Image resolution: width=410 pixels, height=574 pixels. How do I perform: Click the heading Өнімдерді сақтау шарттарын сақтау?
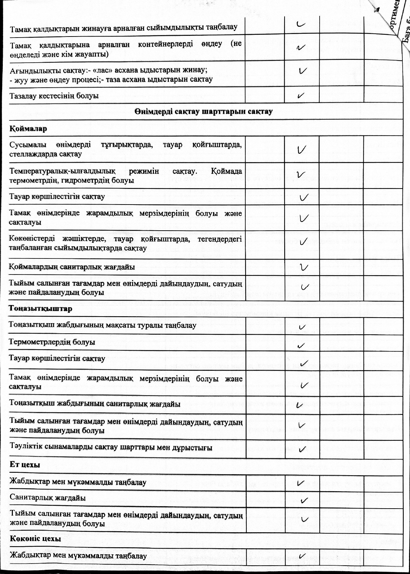click(x=203, y=112)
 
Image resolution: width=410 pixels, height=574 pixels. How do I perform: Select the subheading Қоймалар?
click(x=28, y=129)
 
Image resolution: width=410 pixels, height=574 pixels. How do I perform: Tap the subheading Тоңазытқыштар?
click(x=41, y=309)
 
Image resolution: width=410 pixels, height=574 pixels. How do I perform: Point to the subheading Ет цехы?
click(x=25, y=465)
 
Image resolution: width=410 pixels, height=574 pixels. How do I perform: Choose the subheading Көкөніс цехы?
click(x=36, y=539)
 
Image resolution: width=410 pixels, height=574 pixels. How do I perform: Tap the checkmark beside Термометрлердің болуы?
click(x=301, y=345)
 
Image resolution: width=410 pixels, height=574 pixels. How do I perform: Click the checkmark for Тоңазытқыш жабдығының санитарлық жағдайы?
click(x=300, y=405)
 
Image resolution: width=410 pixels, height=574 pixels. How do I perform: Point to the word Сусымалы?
click(x=26, y=145)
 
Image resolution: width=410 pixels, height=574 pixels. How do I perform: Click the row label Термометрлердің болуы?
click(x=52, y=342)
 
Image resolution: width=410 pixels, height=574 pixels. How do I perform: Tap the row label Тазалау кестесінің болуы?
click(x=54, y=96)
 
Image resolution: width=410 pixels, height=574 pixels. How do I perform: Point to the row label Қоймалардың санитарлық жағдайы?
click(x=72, y=268)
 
